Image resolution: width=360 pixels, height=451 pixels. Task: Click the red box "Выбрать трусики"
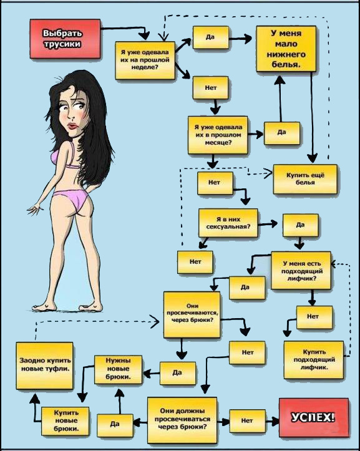coord(66,39)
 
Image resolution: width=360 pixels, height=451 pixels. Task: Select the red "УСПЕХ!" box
coord(314,417)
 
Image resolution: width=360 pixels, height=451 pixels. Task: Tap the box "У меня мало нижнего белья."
coord(286,49)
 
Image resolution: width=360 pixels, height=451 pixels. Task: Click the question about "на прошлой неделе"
coord(145,61)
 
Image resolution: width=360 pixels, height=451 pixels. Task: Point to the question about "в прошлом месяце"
coord(218,135)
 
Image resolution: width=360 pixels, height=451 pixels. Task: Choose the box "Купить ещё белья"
coord(305,179)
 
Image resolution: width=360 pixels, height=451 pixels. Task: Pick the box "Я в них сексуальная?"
coord(228,223)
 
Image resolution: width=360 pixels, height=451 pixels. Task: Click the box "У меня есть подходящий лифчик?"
coord(301,270)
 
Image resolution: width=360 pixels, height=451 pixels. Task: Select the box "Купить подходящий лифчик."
coord(314,360)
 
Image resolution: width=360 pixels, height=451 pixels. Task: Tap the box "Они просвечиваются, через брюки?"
coord(192,314)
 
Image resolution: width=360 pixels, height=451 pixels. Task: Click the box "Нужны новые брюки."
coord(119,370)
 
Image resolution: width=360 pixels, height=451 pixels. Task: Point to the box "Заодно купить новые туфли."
coord(44,366)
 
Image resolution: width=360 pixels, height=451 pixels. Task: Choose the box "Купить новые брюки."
coord(66,421)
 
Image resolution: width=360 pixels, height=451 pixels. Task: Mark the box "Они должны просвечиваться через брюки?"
coord(182,420)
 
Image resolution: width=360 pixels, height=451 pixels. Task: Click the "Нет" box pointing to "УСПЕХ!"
coord(247,421)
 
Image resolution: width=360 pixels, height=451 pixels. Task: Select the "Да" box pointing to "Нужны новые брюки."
coord(178,373)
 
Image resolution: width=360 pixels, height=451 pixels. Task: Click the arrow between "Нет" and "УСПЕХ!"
coord(272,421)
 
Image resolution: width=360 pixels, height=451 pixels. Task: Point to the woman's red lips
coord(72,126)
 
